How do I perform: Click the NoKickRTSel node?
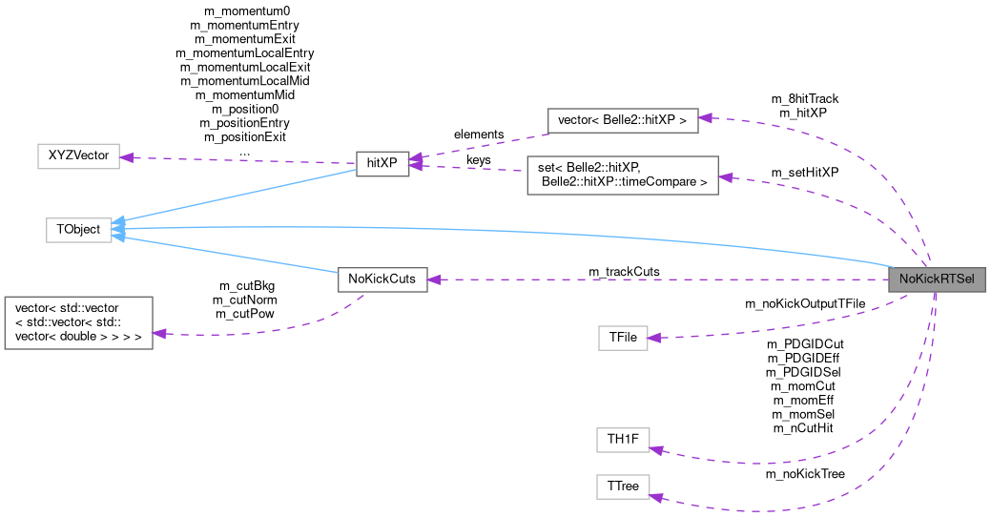click(x=936, y=280)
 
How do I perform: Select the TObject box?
click(x=79, y=229)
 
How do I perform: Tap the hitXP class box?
click(x=382, y=162)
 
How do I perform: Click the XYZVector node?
click(x=78, y=155)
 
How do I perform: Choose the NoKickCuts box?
click(x=382, y=279)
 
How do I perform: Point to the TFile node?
click(x=622, y=338)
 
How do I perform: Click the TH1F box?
click(x=622, y=440)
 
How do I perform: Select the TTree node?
click(x=622, y=486)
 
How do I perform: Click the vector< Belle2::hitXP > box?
click(x=624, y=120)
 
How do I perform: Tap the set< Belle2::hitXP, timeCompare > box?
click(x=622, y=175)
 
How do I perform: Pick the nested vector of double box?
click(x=78, y=322)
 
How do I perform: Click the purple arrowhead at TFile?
click(x=656, y=337)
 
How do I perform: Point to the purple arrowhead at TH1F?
click(x=656, y=449)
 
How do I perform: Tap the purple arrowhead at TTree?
click(x=656, y=496)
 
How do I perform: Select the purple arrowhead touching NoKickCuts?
click(x=435, y=279)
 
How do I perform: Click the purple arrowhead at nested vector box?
click(x=160, y=333)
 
